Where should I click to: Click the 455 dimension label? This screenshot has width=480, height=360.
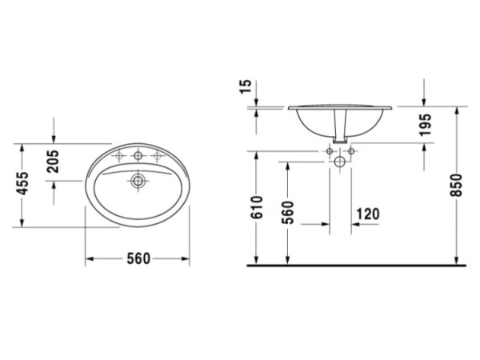tap(23, 186)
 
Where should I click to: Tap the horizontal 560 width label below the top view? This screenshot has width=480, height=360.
tap(138, 258)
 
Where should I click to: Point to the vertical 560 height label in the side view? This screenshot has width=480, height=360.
tap(288, 212)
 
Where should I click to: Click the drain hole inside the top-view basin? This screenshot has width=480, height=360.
tap(138, 182)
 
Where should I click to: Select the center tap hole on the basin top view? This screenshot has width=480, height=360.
tap(138, 155)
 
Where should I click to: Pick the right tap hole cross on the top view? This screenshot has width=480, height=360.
tap(158, 155)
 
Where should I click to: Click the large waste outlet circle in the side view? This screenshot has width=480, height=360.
tap(341, 162)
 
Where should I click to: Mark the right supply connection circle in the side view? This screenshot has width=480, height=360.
tap(352, 150)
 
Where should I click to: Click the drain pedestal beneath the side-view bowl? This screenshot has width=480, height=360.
tap(342, 132)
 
